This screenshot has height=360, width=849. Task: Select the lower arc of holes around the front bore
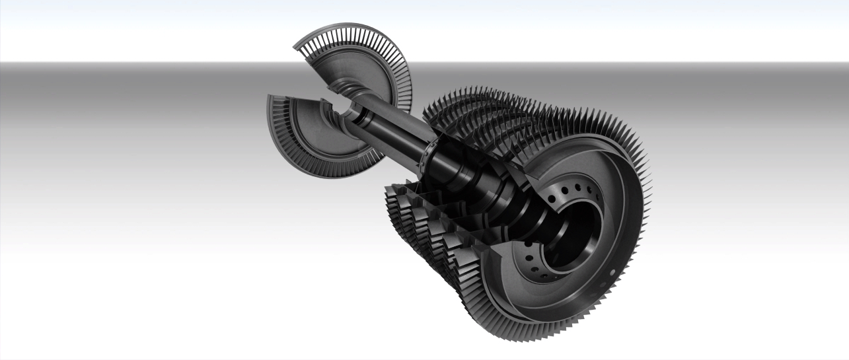(x=535, y=264)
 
